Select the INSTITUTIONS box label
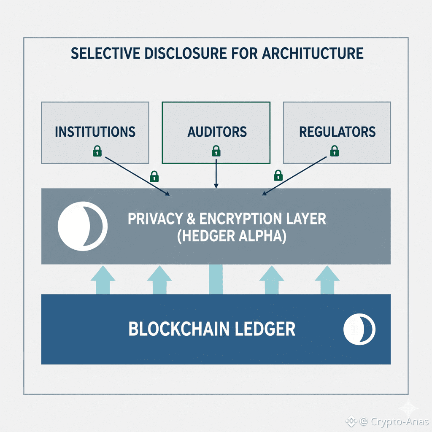coord(95,132)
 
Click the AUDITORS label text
coord(216,132)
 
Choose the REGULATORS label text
coord(337,132)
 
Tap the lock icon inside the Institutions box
coord(97,151)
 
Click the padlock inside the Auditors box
coord(216,151)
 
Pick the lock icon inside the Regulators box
coord(334,151)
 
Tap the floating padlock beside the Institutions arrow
coord(154,175)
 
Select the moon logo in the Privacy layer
coord(82,227)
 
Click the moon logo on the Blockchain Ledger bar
coord(359,329)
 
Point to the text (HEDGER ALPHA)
coord(231,236)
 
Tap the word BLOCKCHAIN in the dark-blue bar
coord(177,329)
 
